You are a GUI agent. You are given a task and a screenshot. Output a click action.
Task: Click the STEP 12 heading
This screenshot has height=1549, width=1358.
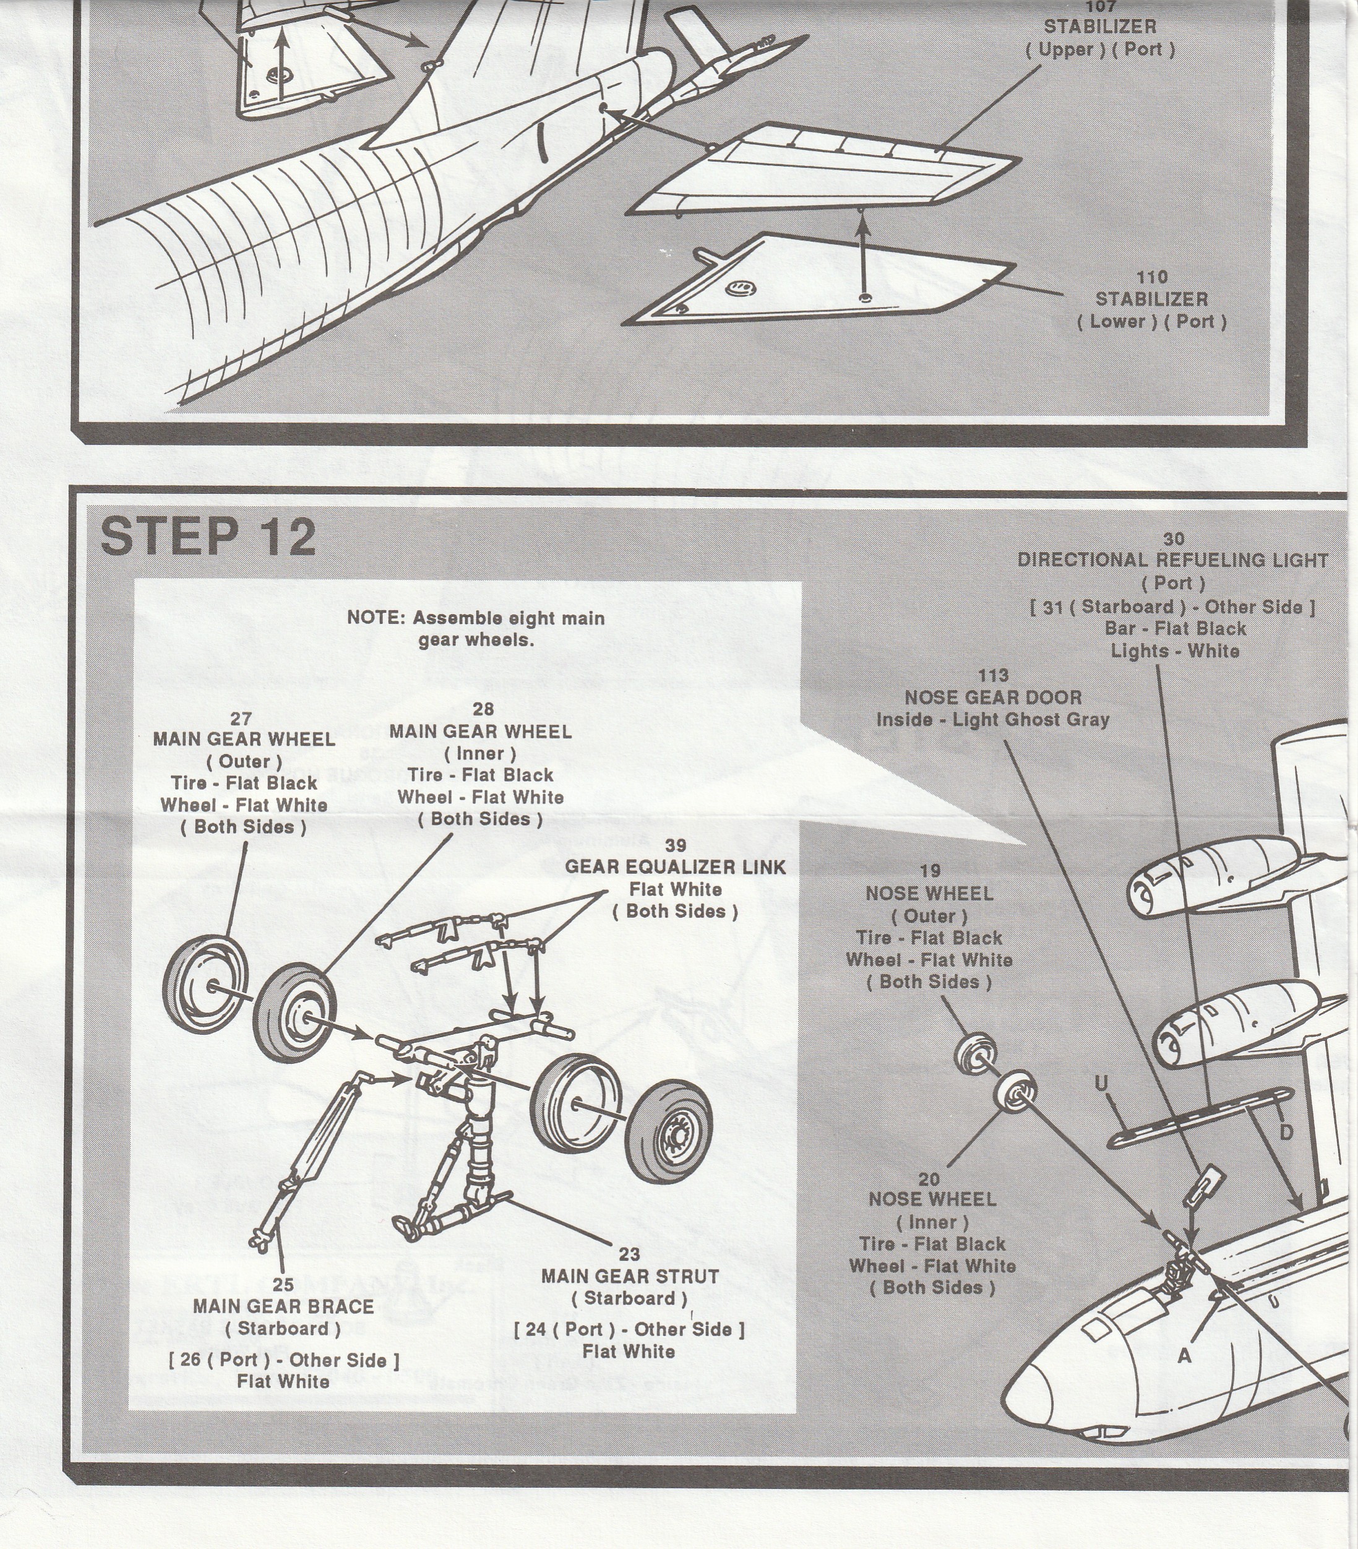click(x=208, y=537)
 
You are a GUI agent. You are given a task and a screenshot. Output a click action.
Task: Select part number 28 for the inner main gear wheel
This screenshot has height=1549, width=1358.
click(x=482, y=709)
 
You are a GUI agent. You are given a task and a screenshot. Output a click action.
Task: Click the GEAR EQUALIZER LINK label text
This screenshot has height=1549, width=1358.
click(x=675, y=867)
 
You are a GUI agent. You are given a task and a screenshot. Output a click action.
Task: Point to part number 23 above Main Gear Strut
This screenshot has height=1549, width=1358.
click(x=629, y=1254)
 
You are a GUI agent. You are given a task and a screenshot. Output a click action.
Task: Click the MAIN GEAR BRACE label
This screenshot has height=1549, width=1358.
click(x=283, y=1306)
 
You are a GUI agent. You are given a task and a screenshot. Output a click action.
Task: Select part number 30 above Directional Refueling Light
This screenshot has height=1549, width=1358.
click(x=1173, y=539)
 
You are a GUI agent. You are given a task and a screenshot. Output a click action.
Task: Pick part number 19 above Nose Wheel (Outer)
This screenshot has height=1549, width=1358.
click(x=930, y=871)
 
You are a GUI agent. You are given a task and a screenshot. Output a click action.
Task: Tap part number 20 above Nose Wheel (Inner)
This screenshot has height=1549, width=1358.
click(x=929, y=1179)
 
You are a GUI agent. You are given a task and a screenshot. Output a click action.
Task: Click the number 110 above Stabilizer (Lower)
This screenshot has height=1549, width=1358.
click(x=1151, y=277)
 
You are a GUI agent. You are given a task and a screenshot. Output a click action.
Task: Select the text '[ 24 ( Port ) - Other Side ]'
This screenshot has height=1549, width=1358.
click(x=629, y=1329)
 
